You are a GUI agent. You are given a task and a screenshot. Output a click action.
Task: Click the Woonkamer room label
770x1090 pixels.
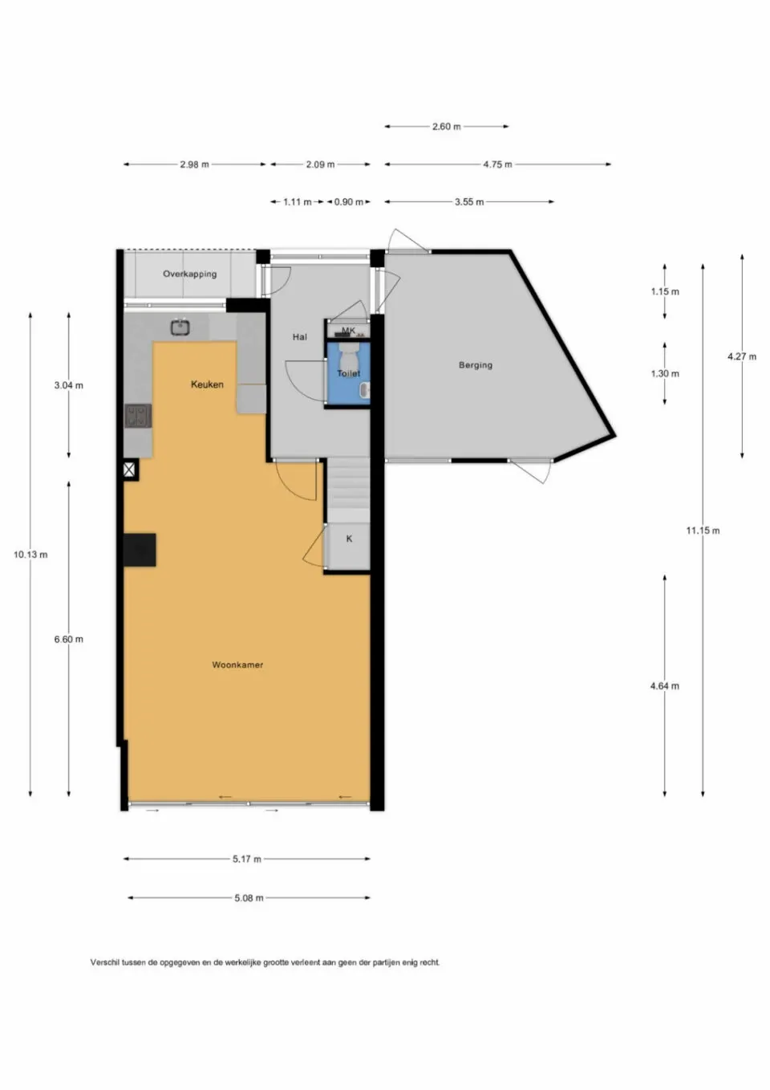point(237,665)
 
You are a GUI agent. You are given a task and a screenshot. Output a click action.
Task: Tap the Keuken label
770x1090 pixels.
point(207,384)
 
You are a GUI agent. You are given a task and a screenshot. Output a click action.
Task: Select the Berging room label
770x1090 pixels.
point(476,365)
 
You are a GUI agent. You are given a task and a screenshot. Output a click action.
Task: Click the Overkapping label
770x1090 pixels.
point(189,274)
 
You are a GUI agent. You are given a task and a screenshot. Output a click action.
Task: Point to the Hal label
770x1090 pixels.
point(299,337)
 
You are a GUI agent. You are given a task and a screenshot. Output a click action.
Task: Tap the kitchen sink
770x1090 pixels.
point(180,327)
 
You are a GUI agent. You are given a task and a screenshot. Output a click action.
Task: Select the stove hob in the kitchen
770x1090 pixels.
point(138,416)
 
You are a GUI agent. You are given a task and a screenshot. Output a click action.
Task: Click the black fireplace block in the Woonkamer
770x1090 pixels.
point(140,551)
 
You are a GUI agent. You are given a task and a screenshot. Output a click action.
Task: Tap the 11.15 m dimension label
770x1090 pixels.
point(703,531)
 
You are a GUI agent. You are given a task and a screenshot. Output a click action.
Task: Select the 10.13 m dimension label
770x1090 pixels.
point(30,555)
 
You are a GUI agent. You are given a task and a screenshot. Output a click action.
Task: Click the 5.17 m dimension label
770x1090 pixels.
point(246,859)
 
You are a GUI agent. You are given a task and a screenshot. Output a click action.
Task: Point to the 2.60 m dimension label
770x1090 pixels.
point(446,127)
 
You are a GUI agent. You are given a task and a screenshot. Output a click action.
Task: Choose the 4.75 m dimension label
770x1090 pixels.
point(497,165)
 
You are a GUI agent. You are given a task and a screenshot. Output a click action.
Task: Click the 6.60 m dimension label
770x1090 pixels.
point(68,640)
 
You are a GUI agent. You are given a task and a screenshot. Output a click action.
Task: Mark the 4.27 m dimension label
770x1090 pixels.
point(741,356)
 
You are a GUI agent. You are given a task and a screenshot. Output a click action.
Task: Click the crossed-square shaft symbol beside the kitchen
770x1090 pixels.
point(130,470)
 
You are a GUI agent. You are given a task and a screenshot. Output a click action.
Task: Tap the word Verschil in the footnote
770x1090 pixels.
point(104,962)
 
